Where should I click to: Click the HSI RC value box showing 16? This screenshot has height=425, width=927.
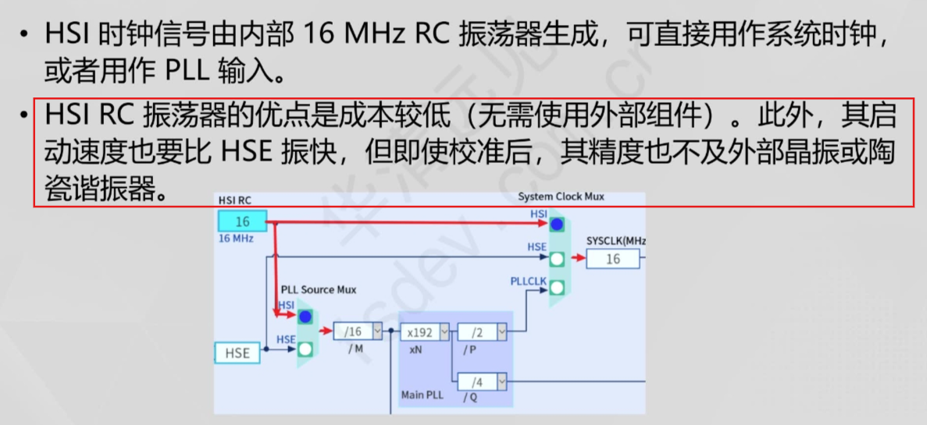[x=242, y=222]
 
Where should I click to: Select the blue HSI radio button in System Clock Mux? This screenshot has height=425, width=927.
[x=556, y=225]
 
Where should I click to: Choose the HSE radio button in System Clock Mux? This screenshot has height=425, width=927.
[x=556, y=258]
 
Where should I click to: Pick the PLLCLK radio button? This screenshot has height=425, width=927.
[x=556, y=288]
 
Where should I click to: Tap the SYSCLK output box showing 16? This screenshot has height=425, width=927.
[x=612, y=259]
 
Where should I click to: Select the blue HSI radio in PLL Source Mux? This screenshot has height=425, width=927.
[x=305, y=317]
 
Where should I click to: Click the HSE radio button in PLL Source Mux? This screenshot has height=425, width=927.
[x=305, y=349]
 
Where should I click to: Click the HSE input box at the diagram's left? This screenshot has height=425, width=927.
[x=237, y=353]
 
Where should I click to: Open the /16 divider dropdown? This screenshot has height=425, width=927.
[x=378, y=331]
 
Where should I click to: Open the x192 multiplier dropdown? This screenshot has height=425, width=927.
[x=444, y=331]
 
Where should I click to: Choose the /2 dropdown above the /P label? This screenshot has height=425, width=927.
[x=501, y=332]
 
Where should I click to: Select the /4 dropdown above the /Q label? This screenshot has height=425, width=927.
[x=501, y=382]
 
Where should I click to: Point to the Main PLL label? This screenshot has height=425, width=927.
[x=422, y=395]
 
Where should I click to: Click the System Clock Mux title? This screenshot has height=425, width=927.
[x=561, y=197]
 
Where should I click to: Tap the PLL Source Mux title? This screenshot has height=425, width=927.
[x=318, y=289]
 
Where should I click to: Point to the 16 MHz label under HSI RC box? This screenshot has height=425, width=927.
[x=236, y=239]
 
